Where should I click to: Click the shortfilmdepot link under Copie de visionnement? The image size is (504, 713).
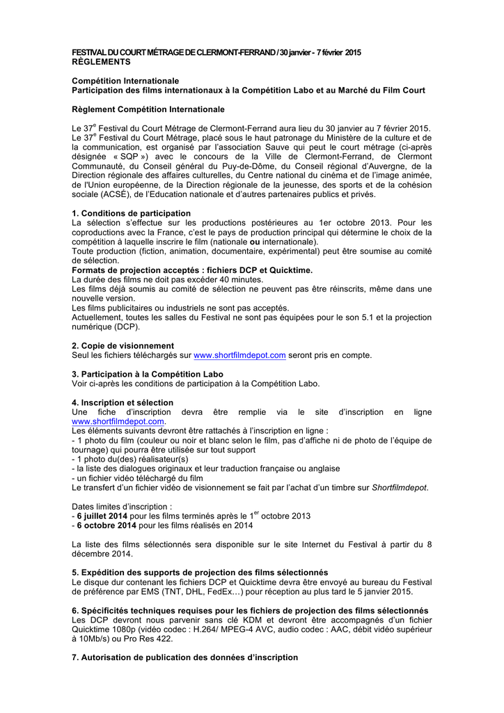[x=239, y=355]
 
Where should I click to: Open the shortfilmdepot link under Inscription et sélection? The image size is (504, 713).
[x=118, y=421]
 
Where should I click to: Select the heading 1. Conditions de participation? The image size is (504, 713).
[x=131, y=213]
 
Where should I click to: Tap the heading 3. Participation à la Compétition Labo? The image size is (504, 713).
[x=148, y=374]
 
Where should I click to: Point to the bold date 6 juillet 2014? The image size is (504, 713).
[x=102, y=516]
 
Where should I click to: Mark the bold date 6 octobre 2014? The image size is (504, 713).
[x=103, y=526]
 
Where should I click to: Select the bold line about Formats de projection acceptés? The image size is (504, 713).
[x=192, y=269]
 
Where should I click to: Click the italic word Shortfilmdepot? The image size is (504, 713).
[x=400, y=487]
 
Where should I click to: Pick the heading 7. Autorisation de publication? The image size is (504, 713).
[x=184, y=657]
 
